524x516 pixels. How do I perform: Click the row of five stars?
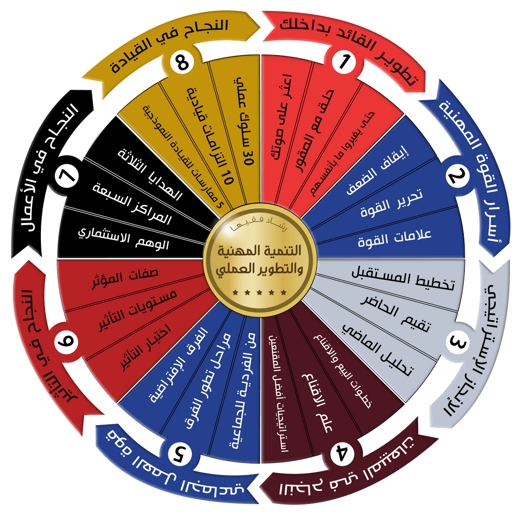(260, 292)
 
